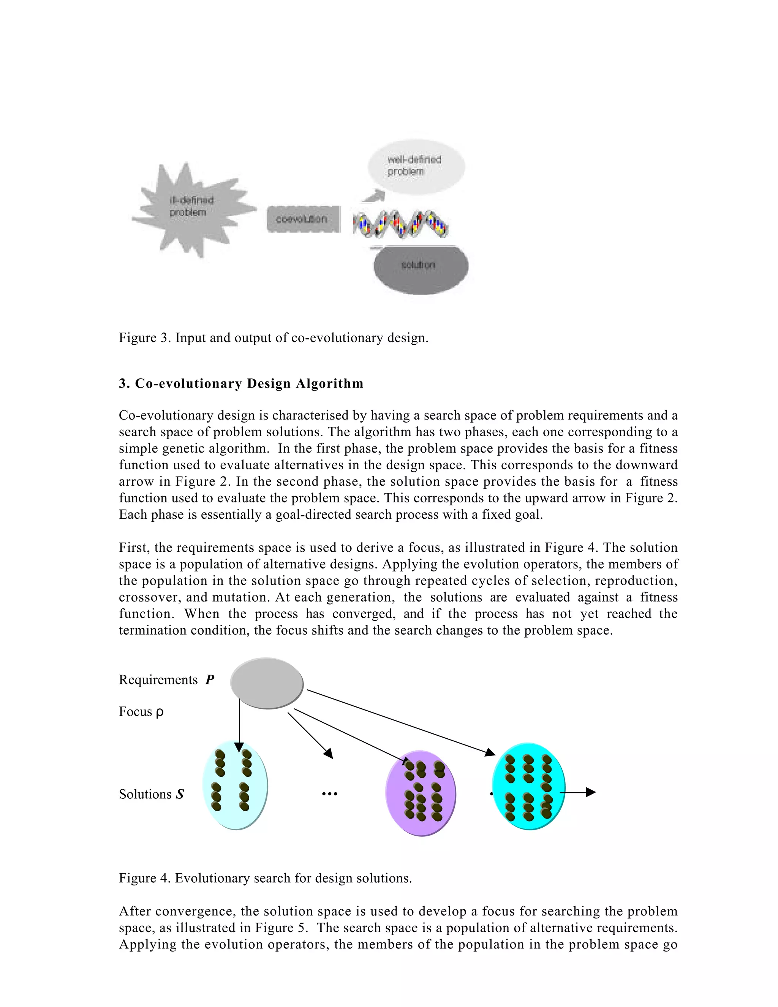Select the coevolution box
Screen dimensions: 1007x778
(302, 219)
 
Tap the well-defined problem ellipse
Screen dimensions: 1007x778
(416, 166)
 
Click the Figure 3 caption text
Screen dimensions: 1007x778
(273, 338)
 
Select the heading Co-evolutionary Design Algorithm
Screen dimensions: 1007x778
(241, 384)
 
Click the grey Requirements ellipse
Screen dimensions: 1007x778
(267, 682)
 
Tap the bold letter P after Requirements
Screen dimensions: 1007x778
(210, 680)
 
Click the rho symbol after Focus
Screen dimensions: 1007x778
(160, 712)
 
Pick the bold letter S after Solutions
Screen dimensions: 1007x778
(180, 794)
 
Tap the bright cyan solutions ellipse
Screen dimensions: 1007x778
(528, 786)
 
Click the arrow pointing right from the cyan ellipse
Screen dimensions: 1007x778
(579, 793)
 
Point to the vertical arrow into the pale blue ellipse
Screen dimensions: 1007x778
(239, 724)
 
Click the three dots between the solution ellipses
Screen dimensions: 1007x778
(329, 794)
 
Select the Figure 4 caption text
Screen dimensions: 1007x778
(265, 878)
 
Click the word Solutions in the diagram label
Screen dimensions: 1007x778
(145, 794)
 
